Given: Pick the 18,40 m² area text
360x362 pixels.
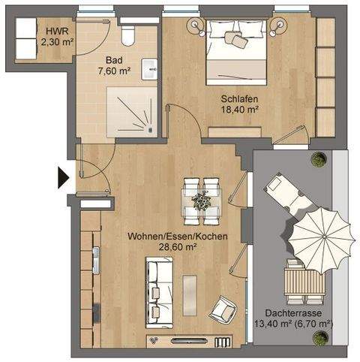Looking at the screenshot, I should [239, 109].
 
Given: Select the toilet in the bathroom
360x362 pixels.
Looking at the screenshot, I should [129, 35].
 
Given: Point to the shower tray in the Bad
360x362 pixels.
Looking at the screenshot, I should [132, 111].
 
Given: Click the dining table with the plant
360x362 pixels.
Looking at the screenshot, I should [200, 200].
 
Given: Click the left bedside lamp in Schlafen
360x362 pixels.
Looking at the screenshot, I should [198, 26].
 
